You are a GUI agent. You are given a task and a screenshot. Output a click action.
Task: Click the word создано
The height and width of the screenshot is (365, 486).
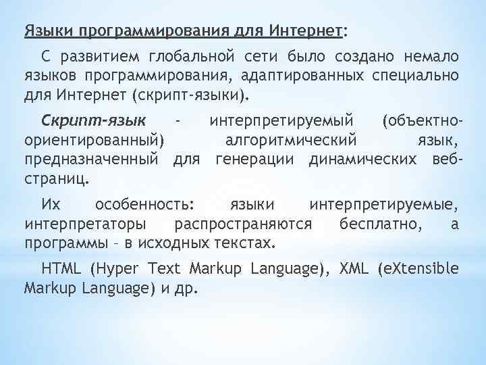[370, 55]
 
